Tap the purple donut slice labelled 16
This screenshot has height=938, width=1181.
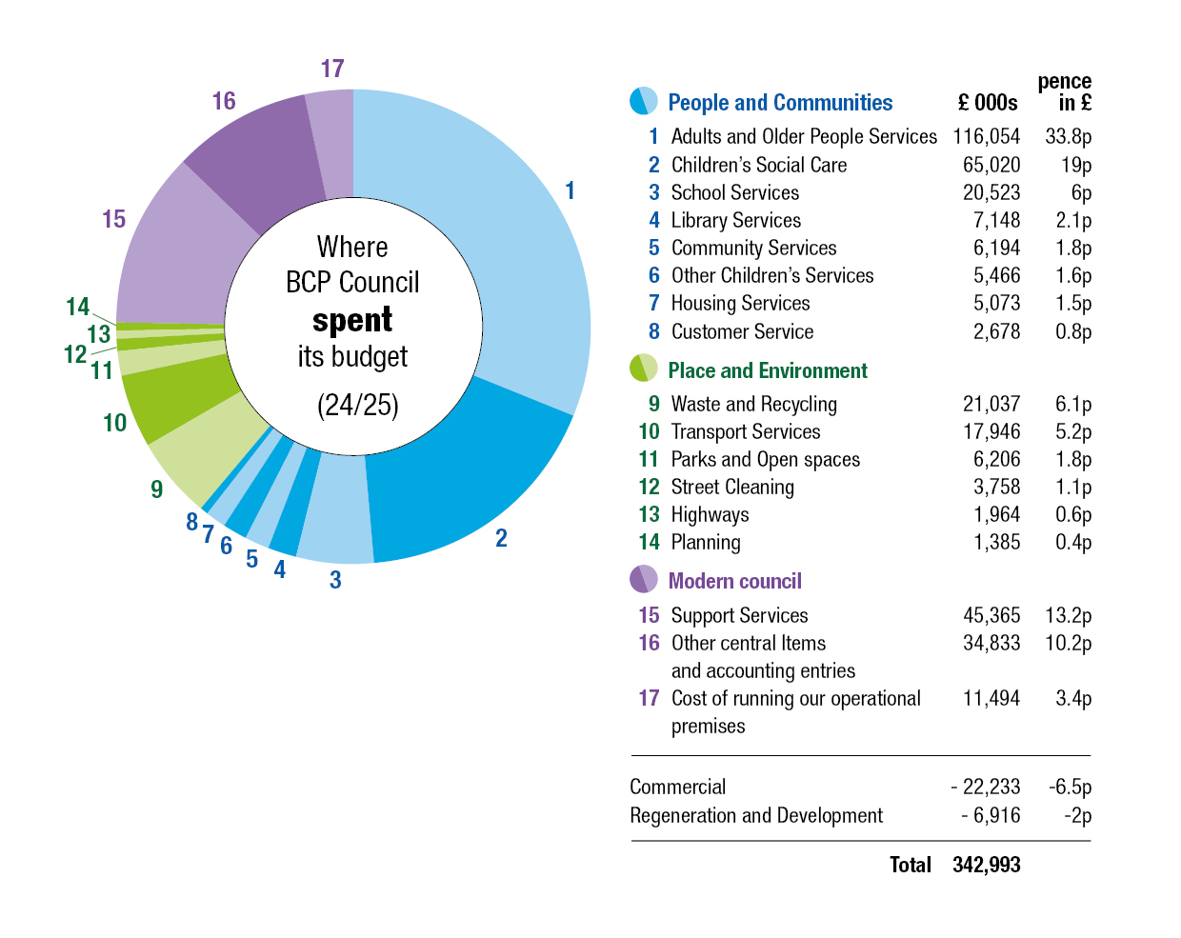258,159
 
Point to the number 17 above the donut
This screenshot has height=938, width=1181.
332,69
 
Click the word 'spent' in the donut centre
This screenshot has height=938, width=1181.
352,320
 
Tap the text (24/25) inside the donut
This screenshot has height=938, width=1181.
358,405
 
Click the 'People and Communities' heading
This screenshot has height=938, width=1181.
780,103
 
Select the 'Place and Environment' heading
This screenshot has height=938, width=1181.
768,370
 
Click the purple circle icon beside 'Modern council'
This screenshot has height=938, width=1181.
644,579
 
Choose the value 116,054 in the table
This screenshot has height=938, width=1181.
986,136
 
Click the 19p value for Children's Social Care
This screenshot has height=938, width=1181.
1076,165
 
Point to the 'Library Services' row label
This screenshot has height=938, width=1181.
736,220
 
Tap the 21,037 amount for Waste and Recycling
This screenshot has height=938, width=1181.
991,404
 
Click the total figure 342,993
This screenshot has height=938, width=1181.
986,865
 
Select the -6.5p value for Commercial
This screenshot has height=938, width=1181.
1071,787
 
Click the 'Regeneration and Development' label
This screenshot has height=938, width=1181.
756,815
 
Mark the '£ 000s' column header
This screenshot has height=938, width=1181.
988,103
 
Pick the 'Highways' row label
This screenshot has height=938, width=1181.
711,514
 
